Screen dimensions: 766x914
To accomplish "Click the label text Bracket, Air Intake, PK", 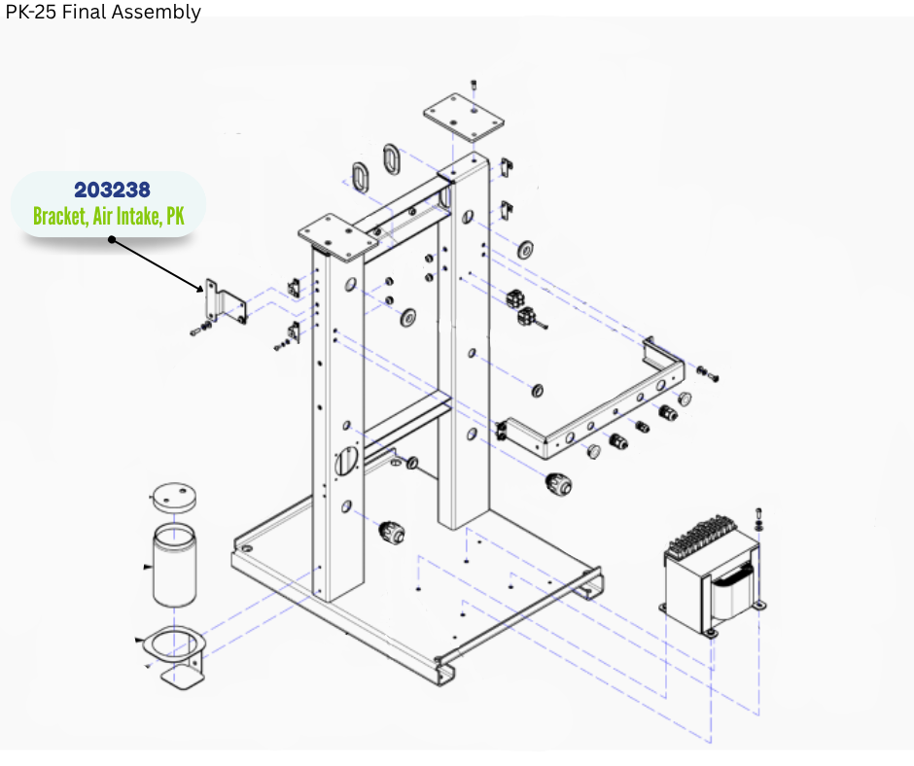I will [x=108, y=216].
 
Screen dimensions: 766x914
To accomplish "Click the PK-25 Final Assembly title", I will [x=102, y=12].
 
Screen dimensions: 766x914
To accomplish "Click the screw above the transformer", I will [x=759, y=514].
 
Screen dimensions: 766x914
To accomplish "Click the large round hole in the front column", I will [x=346, y=459].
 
